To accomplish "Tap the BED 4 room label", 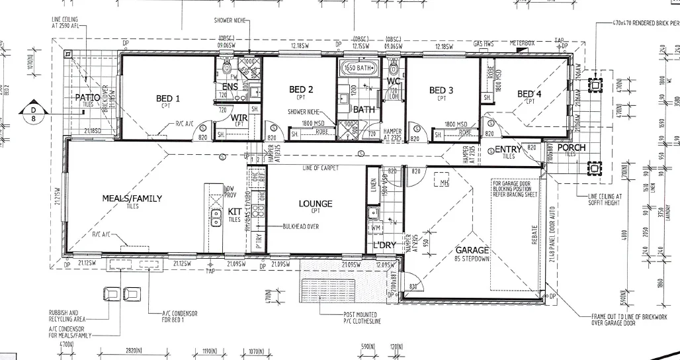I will tap(529, 94).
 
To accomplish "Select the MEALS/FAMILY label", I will tap(132, 198).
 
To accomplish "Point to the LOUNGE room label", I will tap(315, 204).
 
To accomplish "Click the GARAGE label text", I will tap(472, 250).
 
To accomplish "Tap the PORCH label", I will tap(572, 148).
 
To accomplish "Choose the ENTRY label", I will tap(508, 150).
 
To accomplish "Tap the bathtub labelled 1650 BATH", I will tap(358, 68).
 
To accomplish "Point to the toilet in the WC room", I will tap(394, 68).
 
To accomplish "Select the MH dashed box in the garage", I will tap(442, 182).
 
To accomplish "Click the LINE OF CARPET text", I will tap(321, 169).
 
